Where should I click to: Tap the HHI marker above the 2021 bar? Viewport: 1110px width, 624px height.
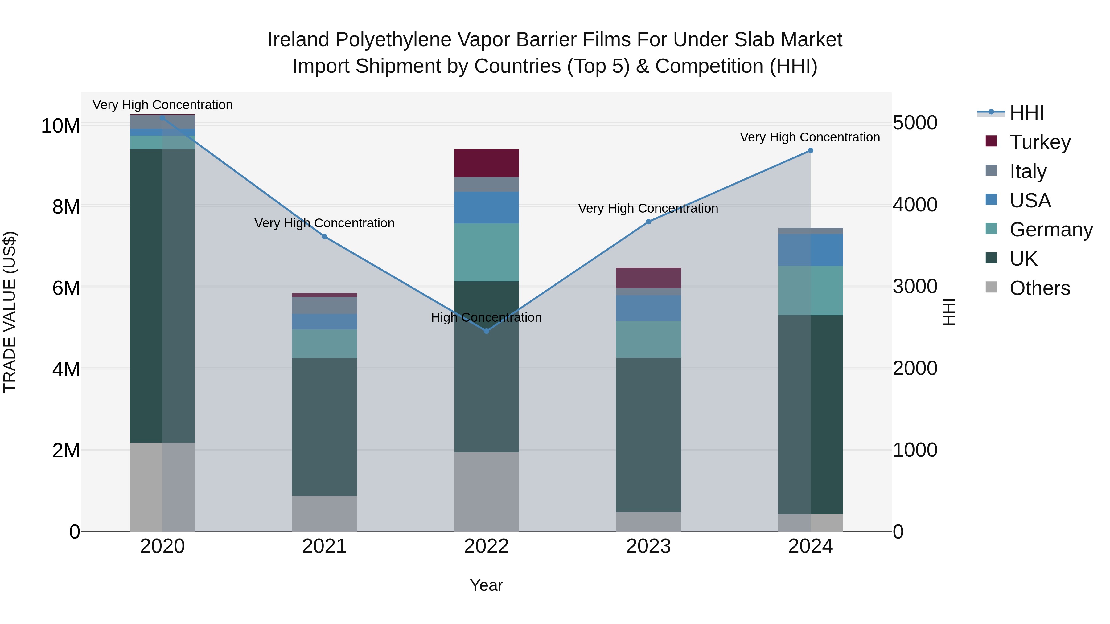324,236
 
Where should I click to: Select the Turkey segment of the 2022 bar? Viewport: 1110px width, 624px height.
487,163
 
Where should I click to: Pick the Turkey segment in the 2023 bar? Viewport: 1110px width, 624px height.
648,278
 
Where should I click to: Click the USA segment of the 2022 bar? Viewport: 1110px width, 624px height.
487,208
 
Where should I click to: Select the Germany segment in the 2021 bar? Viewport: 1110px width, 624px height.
324,344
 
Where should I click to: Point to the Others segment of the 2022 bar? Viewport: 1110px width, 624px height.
487,491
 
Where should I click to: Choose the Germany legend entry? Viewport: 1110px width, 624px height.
1050,230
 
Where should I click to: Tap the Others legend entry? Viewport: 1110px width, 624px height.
1039,288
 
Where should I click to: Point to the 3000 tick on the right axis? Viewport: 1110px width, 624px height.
915,287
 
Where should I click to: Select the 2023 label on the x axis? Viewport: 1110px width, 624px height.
648,546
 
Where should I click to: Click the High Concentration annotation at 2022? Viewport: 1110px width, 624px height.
487,317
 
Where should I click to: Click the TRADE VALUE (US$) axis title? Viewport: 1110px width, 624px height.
10,312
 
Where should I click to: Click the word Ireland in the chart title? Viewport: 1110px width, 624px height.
298,40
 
